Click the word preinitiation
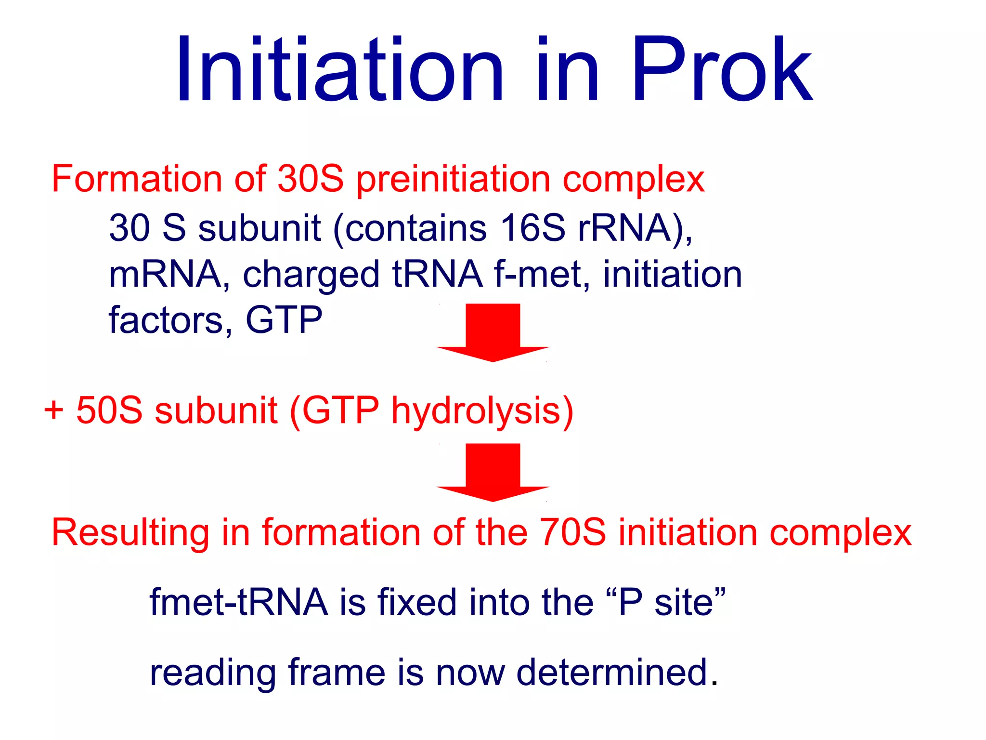coord(453,180)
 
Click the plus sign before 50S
coord(53,410)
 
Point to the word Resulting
coord(130,534)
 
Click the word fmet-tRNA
coord(239,602)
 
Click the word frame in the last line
coord(337,672)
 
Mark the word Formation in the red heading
coord(136,179)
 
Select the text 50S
coord(109,410)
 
